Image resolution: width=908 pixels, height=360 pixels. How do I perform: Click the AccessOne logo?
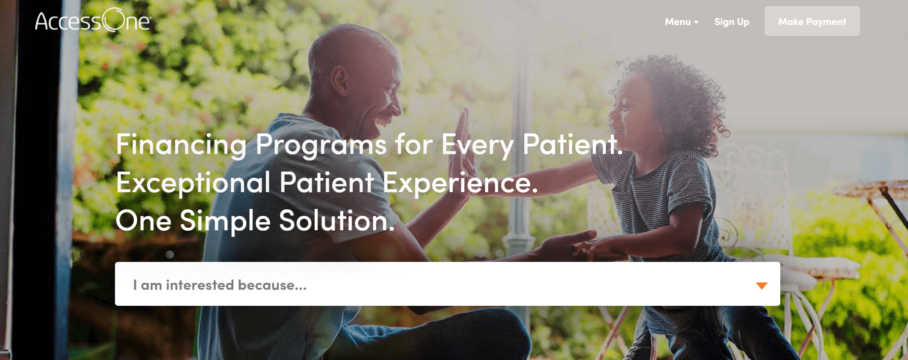click(x=93, y=20)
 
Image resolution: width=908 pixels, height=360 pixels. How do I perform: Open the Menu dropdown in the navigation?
click(x=682, y=22)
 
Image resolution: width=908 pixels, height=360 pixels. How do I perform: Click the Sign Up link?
click(x=732, y=22)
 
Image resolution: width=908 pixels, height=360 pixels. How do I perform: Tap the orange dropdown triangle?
click(x=762, y=286)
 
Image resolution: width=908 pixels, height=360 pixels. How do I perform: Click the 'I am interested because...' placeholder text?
click(x=220, y=285)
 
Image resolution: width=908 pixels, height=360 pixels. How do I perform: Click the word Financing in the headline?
click(x=181, y=144)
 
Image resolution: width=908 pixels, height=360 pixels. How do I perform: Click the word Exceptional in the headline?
click(x=193, y=183)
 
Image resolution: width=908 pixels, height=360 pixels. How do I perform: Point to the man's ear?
click(x=340, y=80)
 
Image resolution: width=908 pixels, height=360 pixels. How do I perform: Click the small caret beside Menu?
click(x=696, y=22)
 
